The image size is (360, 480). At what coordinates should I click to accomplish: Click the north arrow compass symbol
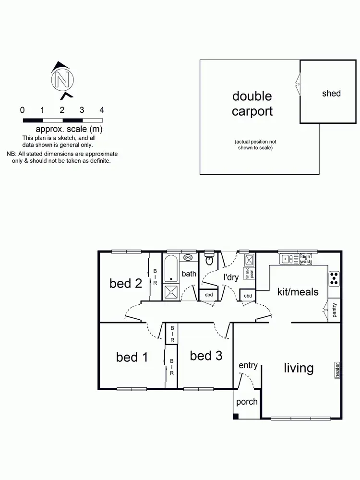pos(62,79)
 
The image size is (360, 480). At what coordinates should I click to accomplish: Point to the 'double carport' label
pos(252,104)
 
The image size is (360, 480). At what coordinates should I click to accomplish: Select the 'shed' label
pos(331,93)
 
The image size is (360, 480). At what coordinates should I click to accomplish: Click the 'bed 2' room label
pos(126,283)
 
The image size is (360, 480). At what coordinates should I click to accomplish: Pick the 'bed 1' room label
pos(132,357)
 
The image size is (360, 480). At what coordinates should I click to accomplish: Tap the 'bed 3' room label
pos(206,356)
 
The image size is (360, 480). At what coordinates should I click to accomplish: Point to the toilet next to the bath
pos(209,261)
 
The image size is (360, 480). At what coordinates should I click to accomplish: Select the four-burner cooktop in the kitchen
pos(334,278)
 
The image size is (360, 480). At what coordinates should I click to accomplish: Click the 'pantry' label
pos(335,310)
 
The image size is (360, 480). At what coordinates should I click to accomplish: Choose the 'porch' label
pos(247,402)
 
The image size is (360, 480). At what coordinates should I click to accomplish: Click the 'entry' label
pos(248,366)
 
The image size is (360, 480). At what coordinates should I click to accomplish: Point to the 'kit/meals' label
pos(298,291)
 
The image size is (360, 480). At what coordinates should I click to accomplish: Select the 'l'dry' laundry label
pos(231,277)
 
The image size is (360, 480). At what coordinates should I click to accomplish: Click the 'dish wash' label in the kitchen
pos(306,260)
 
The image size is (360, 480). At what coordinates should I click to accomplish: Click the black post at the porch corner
pos(236,416)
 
